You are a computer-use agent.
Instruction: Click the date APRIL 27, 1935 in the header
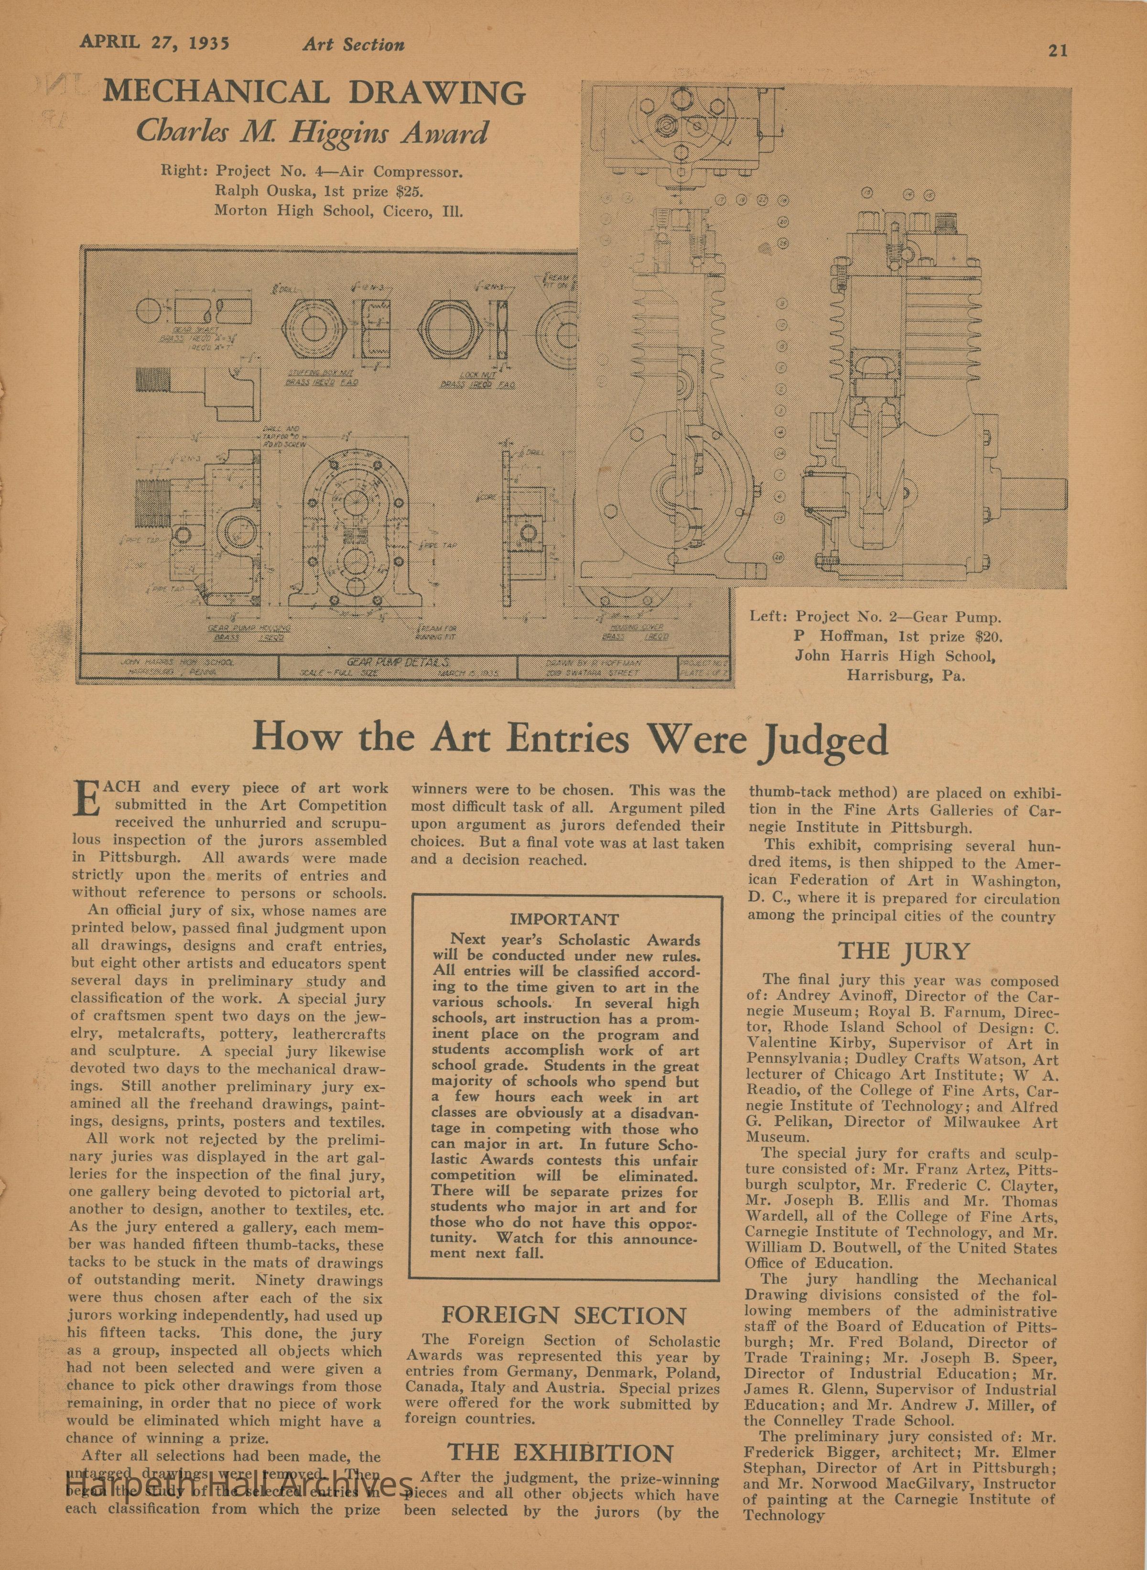pyautogui.click(x=154, y=43)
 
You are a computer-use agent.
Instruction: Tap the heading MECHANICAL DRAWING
pyautogui.click(x=314, y=92)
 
